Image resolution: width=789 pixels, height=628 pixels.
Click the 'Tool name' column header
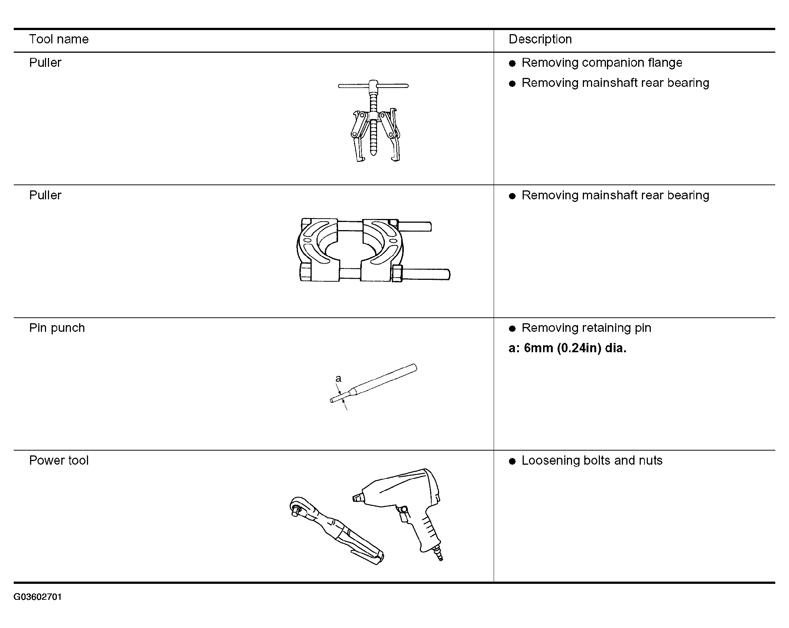59,39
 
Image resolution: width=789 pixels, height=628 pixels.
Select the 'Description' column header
540,39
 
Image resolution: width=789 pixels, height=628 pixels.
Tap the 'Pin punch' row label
57,328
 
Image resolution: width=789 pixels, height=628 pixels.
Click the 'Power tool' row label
59,461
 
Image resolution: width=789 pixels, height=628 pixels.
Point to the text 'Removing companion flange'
602,63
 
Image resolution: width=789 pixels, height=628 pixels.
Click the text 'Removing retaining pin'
586,328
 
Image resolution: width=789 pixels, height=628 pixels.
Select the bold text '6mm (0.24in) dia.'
575,348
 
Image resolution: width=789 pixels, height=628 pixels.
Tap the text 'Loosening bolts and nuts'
592,461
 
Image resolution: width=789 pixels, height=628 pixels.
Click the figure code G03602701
38,597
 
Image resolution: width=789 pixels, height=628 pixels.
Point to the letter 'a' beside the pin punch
338,379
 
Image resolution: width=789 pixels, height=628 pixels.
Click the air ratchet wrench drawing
334,531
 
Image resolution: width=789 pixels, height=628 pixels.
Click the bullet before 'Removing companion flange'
513,63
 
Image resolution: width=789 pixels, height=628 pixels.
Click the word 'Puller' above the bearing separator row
45,196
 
